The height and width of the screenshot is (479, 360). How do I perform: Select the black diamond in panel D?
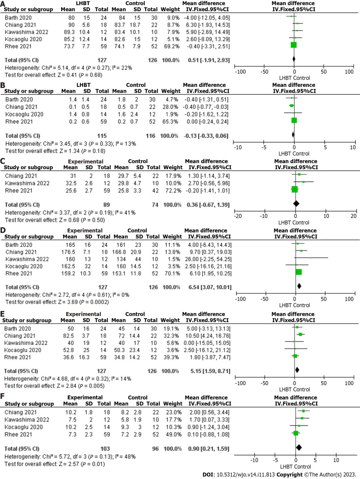pyautogui.click(x=299, y=286)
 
